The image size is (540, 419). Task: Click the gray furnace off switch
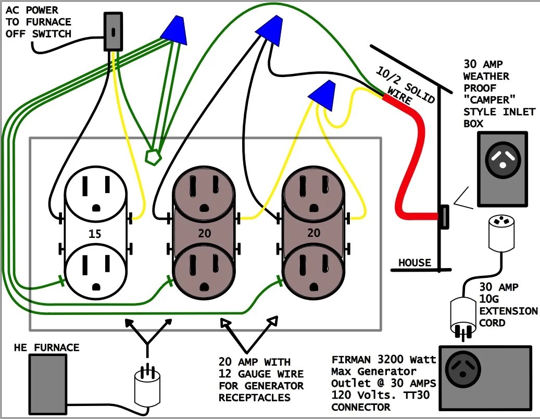(x=114, y=32)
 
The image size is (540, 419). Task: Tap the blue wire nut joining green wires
(x=175, y=30)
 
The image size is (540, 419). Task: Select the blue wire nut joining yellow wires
(x=323, y=95)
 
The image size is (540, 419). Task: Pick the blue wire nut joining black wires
(x=271, y=30)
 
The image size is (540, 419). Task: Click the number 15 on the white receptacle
(x=95, y=234)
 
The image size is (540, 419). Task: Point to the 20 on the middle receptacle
(x=205, y=233)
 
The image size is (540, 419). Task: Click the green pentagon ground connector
(x=153, y=157)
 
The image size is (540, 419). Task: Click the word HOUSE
(x=415, y=263)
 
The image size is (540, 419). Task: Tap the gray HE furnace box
(x=47, y=385)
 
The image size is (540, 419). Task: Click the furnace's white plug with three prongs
(x=147, y=386)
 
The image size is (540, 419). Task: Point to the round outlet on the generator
(x=462, y=369)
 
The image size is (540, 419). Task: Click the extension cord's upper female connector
(x=501, y=233)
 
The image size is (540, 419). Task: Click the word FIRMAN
(x=351, y=360)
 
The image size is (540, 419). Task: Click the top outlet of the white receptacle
(x=95, y=194)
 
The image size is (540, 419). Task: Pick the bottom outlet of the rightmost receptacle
(x=313, y=272)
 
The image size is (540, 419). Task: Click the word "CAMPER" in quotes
(x=489, y=100)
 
